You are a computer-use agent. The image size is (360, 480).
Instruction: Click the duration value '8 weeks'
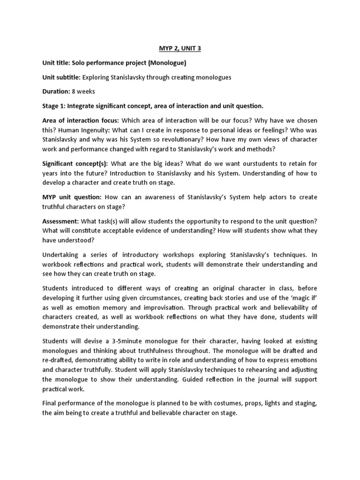pyautogui.click(x=85, y=92)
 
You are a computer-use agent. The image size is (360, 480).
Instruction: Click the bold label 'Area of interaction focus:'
pyautogui.click(x=80, y=121)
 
